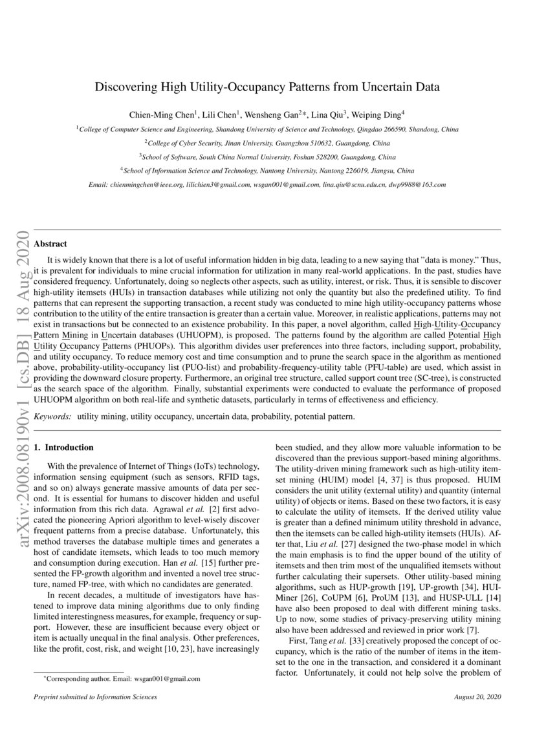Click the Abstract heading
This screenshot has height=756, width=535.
click(x=50, y=244)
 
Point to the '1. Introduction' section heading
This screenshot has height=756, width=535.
click(x=63, y=448)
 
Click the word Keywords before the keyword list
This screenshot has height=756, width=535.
click(x=52, y=418)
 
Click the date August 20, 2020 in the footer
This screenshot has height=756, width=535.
click(x=478, y=697)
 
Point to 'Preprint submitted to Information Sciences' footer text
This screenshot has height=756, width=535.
click(x=94, y=697)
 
